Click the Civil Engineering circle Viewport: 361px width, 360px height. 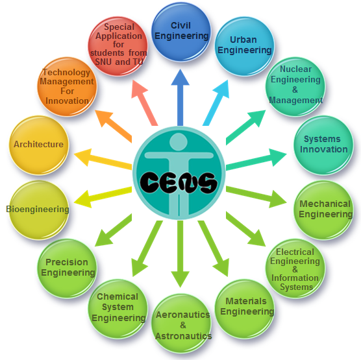181,32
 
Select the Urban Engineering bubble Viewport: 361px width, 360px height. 245,46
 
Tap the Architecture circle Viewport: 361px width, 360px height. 39,145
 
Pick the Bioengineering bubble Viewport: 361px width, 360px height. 39,210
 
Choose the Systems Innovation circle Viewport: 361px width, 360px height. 323,145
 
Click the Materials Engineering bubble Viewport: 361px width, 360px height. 245,309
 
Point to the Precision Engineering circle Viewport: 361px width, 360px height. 67,269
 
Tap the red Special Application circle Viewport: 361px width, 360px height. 118,46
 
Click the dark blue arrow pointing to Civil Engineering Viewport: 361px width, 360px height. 180,97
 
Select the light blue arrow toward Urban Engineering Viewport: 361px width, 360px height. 216,103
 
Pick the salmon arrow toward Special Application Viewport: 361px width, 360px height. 145,103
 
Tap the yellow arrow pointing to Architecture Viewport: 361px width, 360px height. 103,159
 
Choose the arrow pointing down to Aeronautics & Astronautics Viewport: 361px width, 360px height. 180,254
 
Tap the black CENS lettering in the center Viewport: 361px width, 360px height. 179,182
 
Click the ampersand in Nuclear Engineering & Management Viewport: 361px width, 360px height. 295,90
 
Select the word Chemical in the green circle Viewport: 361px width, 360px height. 118,296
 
